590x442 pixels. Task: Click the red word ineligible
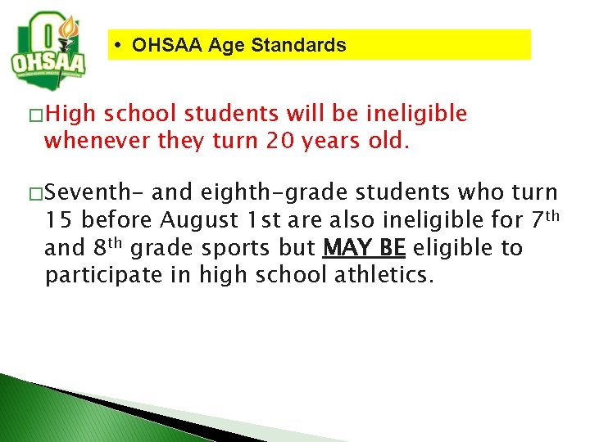[x=418, y=114]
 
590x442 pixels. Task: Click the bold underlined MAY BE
[x=364, y=247]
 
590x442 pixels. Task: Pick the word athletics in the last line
[x=382, y=275]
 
